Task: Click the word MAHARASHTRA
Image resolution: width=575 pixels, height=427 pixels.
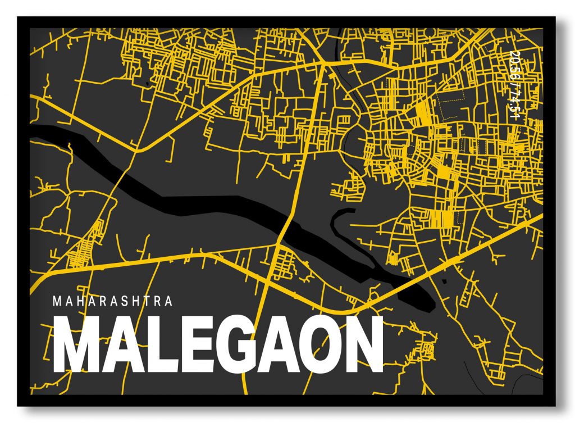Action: click(112, 302)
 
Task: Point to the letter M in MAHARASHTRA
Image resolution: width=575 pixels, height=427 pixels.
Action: click(57, 302)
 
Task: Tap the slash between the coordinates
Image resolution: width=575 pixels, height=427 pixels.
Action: click(514, 84)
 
